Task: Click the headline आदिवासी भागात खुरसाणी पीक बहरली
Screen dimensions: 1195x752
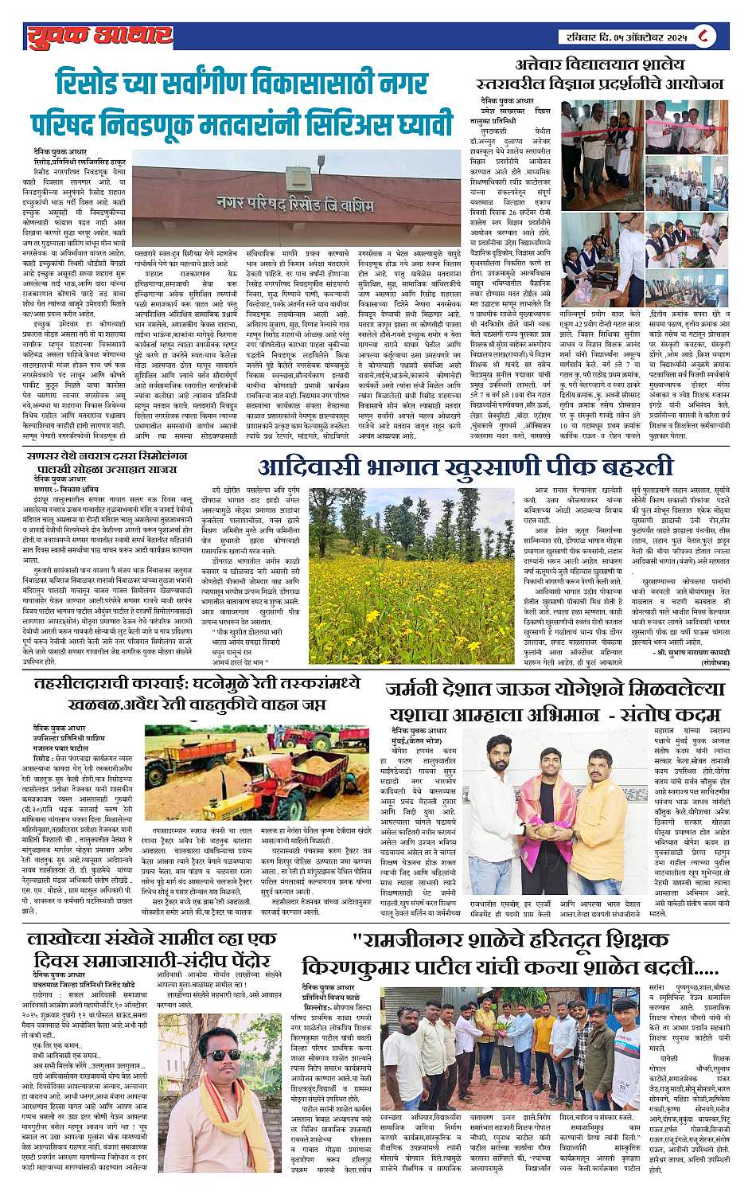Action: [x=466, y=467]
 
